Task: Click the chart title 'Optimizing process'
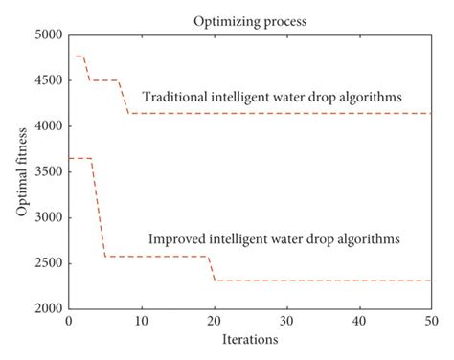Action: click(249, 19)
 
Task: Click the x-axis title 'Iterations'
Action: click(249, 339)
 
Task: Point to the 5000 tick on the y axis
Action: click(48, 35)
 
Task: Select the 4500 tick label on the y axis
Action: click(48, 81)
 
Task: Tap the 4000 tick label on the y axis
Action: click(48, 126)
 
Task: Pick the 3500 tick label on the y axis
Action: click(48, 172)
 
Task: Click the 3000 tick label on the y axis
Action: click(48, 218)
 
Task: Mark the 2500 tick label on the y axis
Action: click(48, 263)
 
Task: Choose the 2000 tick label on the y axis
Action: click(48, 309)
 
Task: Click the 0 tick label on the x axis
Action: click(69, 321)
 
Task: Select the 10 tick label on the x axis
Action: click(142, 321)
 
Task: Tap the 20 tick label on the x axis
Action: click(214, 321)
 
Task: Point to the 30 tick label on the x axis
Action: click(286, 321)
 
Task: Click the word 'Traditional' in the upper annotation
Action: click(173, 97)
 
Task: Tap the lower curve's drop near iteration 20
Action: click(212, 269)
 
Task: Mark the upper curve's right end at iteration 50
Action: click(430, 114)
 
